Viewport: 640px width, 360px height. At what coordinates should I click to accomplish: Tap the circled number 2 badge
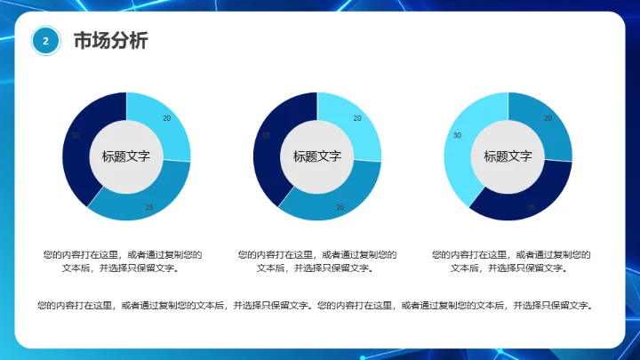pyautogui.click(x=45, y=41)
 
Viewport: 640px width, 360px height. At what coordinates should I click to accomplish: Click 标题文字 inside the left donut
pyautogui.click(x=126, y=156)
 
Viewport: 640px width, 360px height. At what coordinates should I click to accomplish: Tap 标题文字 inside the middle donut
pyautogui.click(x=317, y=156)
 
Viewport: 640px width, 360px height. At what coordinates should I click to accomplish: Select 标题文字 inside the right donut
pyautogui.click(x=508, y=156)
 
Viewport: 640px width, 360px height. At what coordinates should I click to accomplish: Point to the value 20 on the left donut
pyautogui.click(x=167, y=118)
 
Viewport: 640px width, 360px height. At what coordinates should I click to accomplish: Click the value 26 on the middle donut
pyautogui.click(x=340, y=207)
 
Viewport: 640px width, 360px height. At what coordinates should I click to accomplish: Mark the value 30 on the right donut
pyautogui.click(x=457, y=135)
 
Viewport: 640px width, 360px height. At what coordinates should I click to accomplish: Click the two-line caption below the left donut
pyautogui.click(x=123, y=260)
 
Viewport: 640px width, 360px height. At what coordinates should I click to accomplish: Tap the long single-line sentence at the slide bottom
pyautogui.click(x=315, y=306)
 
